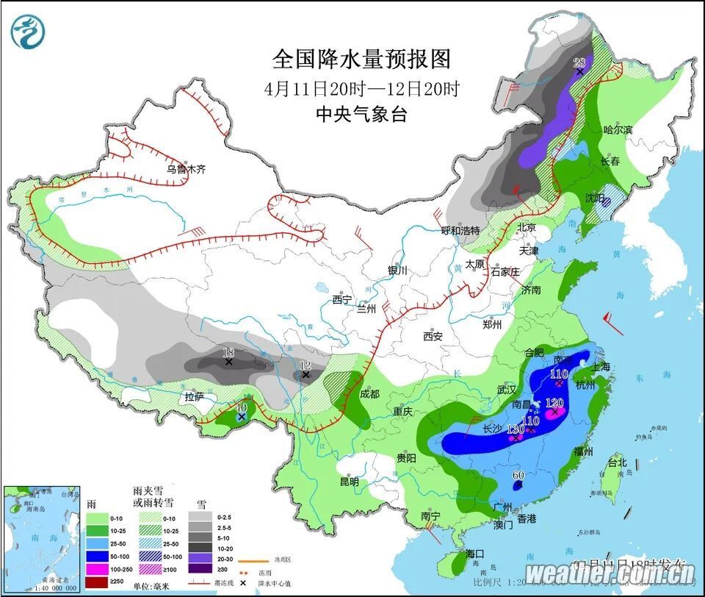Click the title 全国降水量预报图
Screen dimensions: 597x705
pos(361,59)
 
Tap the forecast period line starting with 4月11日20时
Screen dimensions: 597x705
pos(361,89)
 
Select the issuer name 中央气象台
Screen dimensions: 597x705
pos(361,115)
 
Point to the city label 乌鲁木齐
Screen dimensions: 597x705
pos(186,169)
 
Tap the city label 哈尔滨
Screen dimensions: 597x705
pos(618,130)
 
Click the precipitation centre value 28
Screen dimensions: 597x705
pos(580,62)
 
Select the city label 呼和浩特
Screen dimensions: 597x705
pos(460,230)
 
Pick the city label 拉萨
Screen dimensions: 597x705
pos(194,397)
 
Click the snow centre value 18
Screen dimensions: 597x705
pos(228,353)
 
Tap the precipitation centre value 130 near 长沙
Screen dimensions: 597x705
pos(516,429)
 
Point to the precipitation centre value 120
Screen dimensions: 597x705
pos(555,403)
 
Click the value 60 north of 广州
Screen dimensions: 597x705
pos(518,476)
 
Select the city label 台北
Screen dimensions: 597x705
pos(617,463)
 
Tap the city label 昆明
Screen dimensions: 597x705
pos(350,482)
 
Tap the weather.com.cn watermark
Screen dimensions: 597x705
pos(610,573)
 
